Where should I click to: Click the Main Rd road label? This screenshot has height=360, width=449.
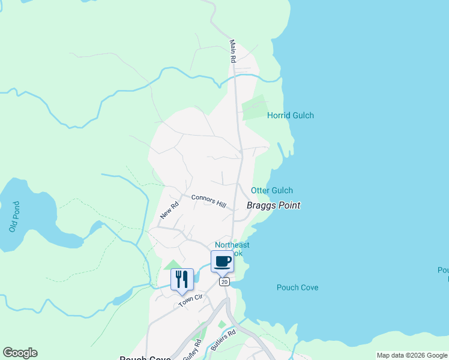click(233, 52)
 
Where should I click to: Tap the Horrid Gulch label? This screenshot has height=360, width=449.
click(290, 115)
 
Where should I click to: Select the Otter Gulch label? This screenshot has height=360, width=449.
click(272, 190)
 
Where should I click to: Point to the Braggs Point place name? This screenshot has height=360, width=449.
click(273, 205)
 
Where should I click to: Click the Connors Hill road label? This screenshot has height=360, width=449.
click(208, 201)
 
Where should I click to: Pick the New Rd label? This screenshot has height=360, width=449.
click(169, 210)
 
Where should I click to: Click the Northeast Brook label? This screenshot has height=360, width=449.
click(232, 249)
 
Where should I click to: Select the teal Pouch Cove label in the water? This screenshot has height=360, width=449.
click(297, 287)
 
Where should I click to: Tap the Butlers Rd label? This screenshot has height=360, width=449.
click(223, 340)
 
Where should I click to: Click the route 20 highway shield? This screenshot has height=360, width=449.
click(224, 281)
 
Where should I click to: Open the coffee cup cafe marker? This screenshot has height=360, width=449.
click(222, 262)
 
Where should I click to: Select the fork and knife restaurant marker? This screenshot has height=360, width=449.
click(182, 280)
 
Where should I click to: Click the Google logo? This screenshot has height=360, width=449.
click(20, 353)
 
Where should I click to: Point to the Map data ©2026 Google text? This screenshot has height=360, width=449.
click(412, 355)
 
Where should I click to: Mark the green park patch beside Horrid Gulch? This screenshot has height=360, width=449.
click(253, 108)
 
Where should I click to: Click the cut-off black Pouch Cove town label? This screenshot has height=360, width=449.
click(145, 358)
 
